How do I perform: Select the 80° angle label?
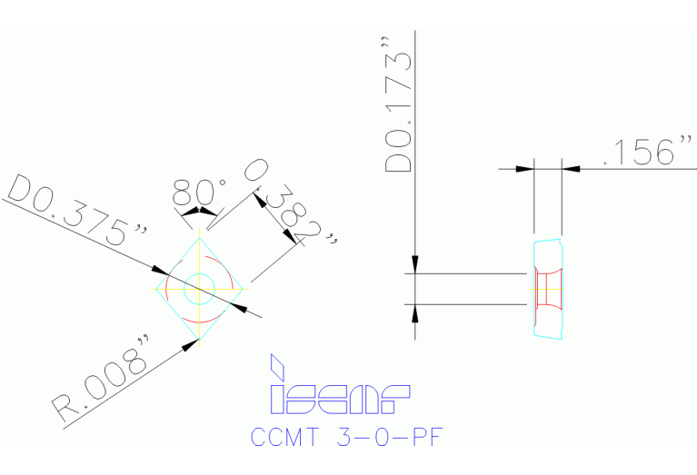199,192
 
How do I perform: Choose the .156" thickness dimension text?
650,152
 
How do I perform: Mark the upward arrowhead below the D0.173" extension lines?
415,312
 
